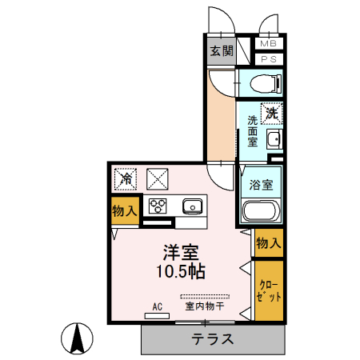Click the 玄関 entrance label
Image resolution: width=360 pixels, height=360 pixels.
(x=222, y=50)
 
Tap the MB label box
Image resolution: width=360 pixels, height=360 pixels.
(x=268, y=43)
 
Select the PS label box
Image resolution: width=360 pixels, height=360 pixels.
(x=268, y=58)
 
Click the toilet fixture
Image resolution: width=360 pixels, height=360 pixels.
(x=262, y=82)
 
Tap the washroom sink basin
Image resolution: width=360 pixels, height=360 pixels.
(x=273, y=141)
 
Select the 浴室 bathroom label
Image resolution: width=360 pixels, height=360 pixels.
(x=262, y=184)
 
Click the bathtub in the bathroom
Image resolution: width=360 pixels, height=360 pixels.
(x=260, y=212)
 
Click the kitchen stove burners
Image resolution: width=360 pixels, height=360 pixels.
(x=157, y=206)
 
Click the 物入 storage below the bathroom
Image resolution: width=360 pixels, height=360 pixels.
(x=268, y=242)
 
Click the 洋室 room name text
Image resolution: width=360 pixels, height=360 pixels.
(x=181, y=251)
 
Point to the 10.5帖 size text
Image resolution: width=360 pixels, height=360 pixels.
(x=181, y=270)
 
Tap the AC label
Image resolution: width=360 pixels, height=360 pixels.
(x=157, y=306)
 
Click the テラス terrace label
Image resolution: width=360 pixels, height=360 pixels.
(x=212, y=338)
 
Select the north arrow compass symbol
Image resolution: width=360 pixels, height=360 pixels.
(x=78, y=338)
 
